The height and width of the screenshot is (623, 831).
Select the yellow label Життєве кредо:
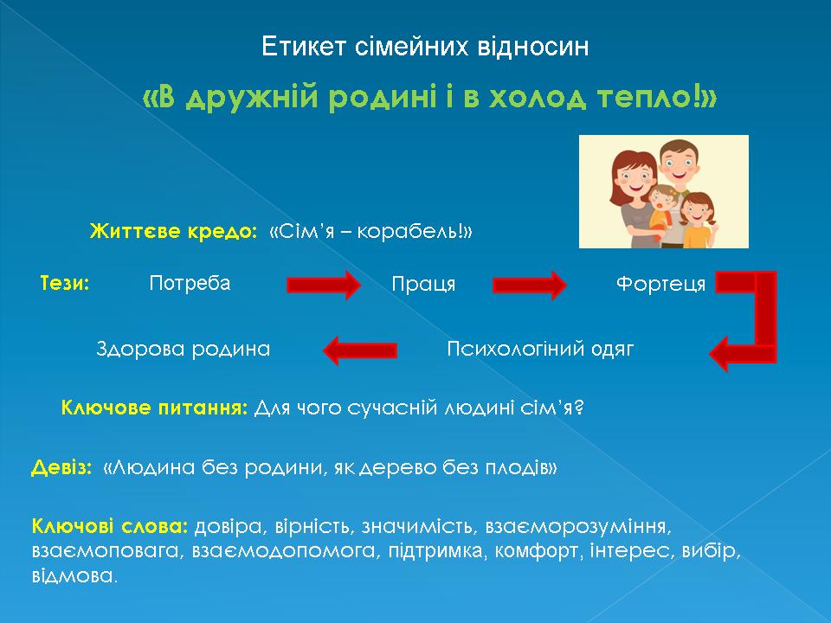click(x=173, y=232)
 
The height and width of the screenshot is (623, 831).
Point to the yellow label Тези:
click(x=65, y=284)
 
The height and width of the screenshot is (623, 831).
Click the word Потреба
click(x=190, y=284)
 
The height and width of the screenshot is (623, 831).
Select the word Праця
click(x=423, y=285)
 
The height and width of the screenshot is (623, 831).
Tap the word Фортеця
click(x=660, y=285)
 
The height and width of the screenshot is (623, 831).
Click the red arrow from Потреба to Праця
click(x=324, y=285)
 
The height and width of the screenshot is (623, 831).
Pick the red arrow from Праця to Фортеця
click(x=530, y=285)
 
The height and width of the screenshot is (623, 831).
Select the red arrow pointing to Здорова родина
click(x=360, y=350)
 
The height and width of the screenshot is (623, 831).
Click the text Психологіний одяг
click(x=540, y=349)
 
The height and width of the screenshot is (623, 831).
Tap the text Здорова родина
click(x=184, y=349)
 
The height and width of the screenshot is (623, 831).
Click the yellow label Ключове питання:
click(x=155, y=408)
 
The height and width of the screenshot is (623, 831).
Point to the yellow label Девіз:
click(x=61, y=467)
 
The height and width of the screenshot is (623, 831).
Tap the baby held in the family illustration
click(x=660, y=209)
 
